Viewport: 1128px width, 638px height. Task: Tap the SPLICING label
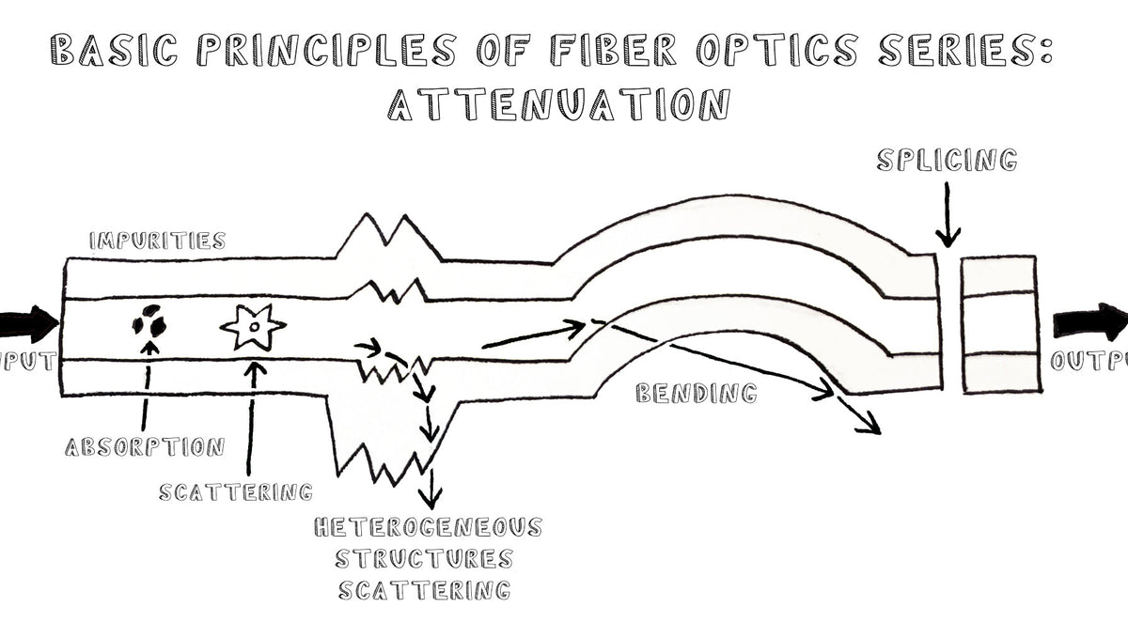[x=947, y=160]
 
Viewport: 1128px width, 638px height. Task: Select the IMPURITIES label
[x=157, y=241]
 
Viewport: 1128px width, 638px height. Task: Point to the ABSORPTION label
[x=145, y=446]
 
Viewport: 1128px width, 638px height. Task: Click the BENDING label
[x=696, y=393]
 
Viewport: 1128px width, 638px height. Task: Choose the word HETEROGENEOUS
[x=428, y=526]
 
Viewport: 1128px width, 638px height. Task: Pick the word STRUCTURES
[x=425, y=558]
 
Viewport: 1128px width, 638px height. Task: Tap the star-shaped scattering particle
[x=253, y=328]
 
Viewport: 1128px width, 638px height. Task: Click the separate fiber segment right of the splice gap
[x=998, y=324]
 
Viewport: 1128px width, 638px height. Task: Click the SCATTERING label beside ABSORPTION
[x=235, y=490]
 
